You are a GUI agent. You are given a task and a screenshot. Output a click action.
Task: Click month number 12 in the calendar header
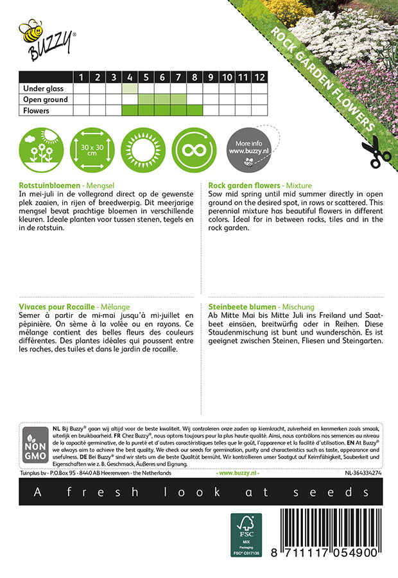[259, 77]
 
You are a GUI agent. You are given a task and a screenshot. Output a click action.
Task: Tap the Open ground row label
[45, 100]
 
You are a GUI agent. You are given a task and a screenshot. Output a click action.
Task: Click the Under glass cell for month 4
[130, 89]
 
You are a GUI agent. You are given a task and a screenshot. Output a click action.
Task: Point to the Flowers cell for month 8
[195, 110]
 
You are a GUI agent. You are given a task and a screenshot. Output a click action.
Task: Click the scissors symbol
[376, 153]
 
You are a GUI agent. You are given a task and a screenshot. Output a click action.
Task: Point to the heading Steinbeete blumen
[242, 308]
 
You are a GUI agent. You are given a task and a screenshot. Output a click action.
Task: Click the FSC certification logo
[246, 535]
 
